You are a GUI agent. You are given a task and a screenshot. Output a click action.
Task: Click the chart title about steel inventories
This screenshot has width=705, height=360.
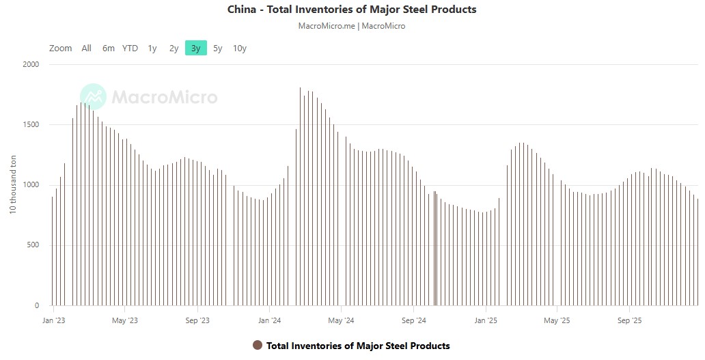(352, 10)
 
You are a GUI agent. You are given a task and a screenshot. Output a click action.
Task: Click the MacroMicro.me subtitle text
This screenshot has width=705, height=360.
(352, 26)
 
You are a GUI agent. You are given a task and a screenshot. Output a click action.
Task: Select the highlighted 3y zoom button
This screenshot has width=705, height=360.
(196, 48)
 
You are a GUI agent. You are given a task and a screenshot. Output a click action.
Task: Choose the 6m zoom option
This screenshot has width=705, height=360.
(109, 48)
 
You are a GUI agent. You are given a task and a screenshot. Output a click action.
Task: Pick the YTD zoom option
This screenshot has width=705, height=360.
(130, 48)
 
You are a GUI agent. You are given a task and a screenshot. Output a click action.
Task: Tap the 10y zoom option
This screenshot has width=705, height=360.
(240, 48)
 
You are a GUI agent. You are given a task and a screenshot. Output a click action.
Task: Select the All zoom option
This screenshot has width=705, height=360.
(86, 48)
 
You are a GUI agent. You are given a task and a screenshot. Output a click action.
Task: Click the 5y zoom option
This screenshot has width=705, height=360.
(217, 48)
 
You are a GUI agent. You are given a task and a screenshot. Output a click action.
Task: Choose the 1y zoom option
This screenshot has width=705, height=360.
(152, 48)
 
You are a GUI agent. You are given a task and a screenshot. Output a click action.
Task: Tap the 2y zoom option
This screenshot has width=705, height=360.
(174, 48)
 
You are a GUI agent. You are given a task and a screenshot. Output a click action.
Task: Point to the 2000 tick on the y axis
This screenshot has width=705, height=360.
(31, 64)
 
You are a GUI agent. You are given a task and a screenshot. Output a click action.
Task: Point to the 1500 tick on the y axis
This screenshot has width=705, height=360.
(31, 124)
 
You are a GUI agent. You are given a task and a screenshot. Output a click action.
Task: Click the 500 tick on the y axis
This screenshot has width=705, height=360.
(33, 245)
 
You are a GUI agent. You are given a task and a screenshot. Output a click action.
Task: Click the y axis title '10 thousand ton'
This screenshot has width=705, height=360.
(12, 185)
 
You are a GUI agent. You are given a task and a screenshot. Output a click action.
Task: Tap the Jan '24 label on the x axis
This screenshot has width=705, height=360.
(270, 320)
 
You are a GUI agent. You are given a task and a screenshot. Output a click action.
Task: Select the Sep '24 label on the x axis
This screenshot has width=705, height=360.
(414, 320)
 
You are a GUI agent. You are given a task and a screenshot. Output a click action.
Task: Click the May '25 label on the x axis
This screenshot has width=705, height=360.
(557, 320)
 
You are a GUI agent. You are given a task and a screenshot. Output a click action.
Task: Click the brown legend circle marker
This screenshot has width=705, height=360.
(258, 345)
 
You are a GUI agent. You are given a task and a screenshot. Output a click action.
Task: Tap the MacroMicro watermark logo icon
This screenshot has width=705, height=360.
(93, 97)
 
